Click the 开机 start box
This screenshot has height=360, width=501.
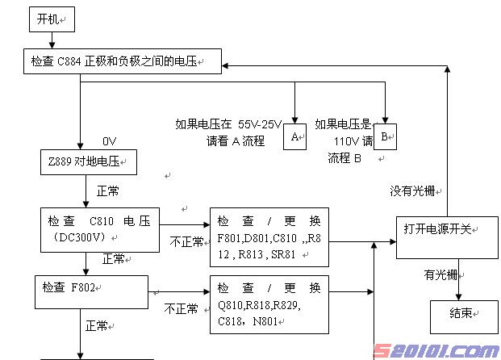[x=51, y=19]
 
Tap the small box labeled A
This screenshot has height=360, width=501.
[x=295, y=136]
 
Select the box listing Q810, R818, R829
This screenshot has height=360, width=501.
[x=269, y=305]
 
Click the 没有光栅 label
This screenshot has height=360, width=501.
[x=412, y=191]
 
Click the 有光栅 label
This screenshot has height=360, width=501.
[x=440, y=274]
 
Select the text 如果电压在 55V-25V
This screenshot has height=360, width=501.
[x=228, y=124]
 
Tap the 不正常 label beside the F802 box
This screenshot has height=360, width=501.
[x=182, y=308]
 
